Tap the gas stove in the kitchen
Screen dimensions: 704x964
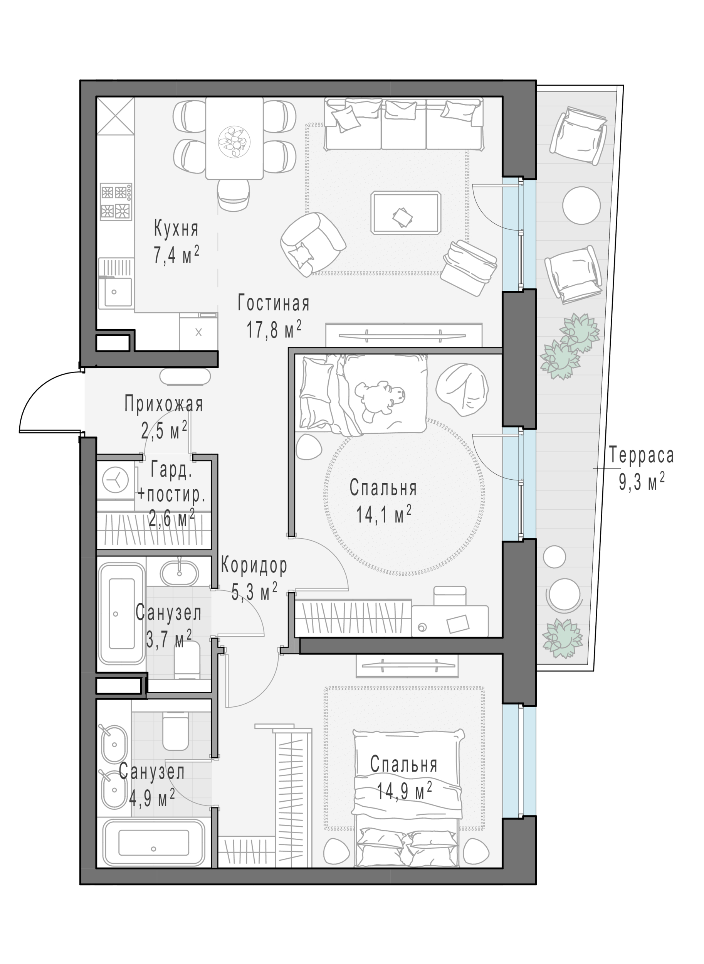(x=116, y=202)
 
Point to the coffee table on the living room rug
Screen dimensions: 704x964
(x=406, y=213)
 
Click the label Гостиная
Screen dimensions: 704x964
(x=273, y=304)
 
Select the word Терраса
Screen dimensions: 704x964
(x=641, y=455)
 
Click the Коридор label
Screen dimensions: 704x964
(x=254, y=566)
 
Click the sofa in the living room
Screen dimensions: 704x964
(x=403, y=124)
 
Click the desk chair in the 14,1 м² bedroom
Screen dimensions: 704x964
(x=450, y=596)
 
